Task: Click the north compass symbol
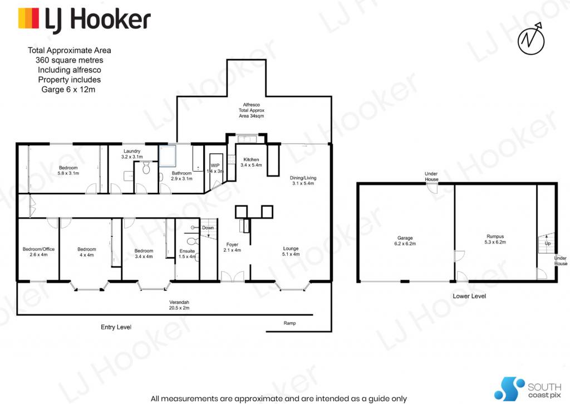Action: (x=532, y=38)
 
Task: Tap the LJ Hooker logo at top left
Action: (x=85, y=20)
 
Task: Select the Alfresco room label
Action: (x=251, y=110)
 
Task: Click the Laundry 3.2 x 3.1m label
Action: (x=132, y=154)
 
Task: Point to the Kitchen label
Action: (x=251, y=162)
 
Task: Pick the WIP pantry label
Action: (x=215, y=168)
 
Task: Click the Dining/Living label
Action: (x=303, y=181)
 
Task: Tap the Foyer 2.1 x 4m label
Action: (x=232, y=247)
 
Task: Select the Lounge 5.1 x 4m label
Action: (x=291, y=251)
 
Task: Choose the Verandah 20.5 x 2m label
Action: (x=179, y=305)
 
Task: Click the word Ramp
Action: (x=289, y=323)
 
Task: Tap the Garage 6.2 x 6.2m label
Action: (x=405, y=241)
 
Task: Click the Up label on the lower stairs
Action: (x=548, y=244)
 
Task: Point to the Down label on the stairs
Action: (x=208, y=228)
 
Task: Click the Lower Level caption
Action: (x=469, y=296)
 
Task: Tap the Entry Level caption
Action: (x=116, y=327)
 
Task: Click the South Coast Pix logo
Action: (x=528, y=389)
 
